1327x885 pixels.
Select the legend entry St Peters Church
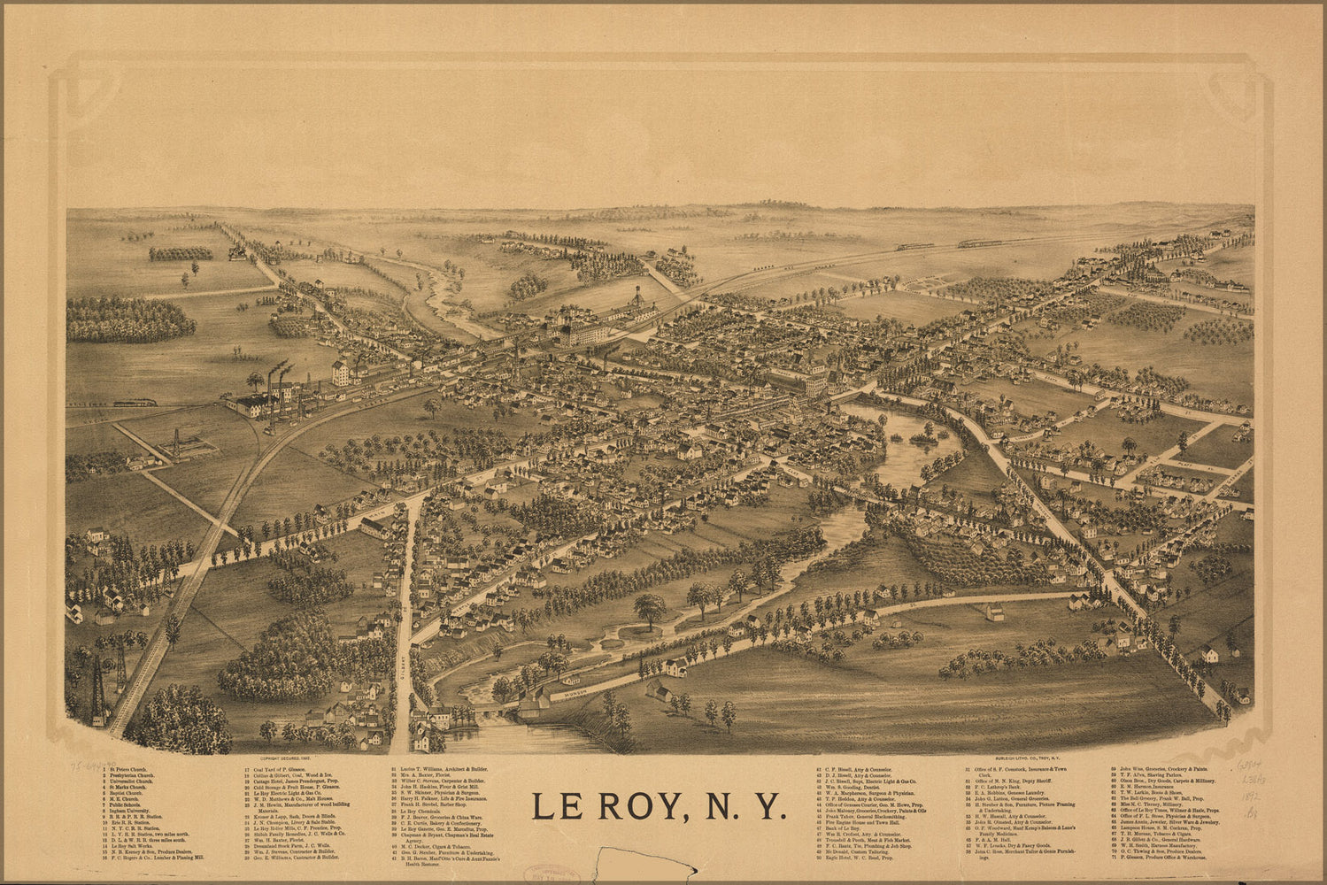tap(128, 770)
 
